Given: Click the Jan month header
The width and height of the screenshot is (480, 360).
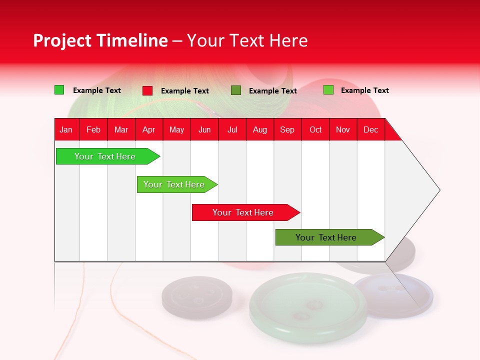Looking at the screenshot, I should coord(66,129).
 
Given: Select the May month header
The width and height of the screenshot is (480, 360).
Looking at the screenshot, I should coord(176,129).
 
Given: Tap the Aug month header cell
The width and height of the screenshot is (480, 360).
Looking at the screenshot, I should coord(259,129).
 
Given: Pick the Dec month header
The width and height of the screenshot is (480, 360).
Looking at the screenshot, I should coord(370,129).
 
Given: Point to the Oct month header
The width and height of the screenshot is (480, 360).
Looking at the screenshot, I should coord(315,129).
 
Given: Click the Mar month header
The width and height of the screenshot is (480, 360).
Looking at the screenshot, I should coord(121,129).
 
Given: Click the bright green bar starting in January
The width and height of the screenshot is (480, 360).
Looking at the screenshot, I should coord(105,156).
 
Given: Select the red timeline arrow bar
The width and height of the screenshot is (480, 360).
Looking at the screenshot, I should coord(243,212).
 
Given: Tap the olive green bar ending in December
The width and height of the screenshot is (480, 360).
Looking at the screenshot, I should coord(326,237).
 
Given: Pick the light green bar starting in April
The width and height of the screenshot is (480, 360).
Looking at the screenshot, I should coord(174,184).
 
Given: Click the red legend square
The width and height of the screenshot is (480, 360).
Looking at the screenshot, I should coord(147,90).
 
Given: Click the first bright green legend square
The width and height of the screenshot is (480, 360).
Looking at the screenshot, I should coord(59,90).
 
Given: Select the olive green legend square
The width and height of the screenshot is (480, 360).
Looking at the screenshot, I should coord(236,90).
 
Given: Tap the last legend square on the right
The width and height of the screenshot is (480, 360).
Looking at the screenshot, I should coord(328,90).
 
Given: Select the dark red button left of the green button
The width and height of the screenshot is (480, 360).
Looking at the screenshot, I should coord(197,297).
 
